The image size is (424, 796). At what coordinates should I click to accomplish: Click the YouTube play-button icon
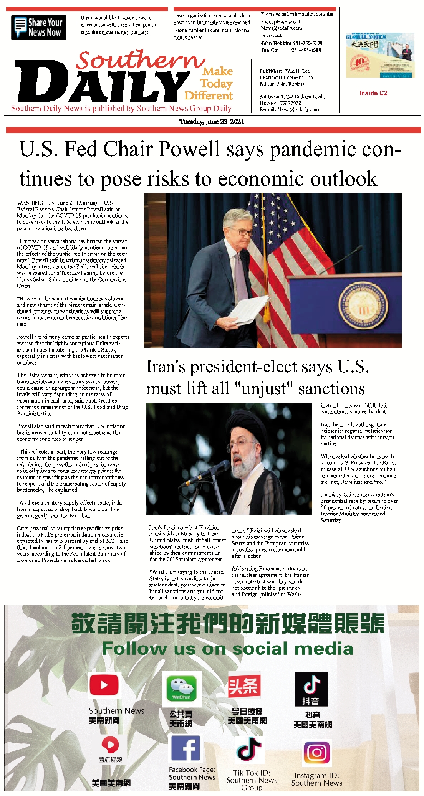[104, 685]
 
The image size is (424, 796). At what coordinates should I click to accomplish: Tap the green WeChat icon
[182, 689]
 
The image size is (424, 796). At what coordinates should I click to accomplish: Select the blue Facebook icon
[185, 748]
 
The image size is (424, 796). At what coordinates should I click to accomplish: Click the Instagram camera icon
[317, 753]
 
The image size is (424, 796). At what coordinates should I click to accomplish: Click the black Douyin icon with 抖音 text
[311, 689]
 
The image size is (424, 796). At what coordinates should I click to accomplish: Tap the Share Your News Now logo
[38, 27]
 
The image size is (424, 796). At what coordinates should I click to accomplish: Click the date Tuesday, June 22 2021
[212, 122]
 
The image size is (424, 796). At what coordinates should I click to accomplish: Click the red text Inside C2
[373, 93]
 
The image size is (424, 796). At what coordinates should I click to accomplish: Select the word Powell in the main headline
[188, 149]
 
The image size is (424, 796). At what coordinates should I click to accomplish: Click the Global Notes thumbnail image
[379, 54]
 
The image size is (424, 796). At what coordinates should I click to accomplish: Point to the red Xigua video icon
[110, 745]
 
